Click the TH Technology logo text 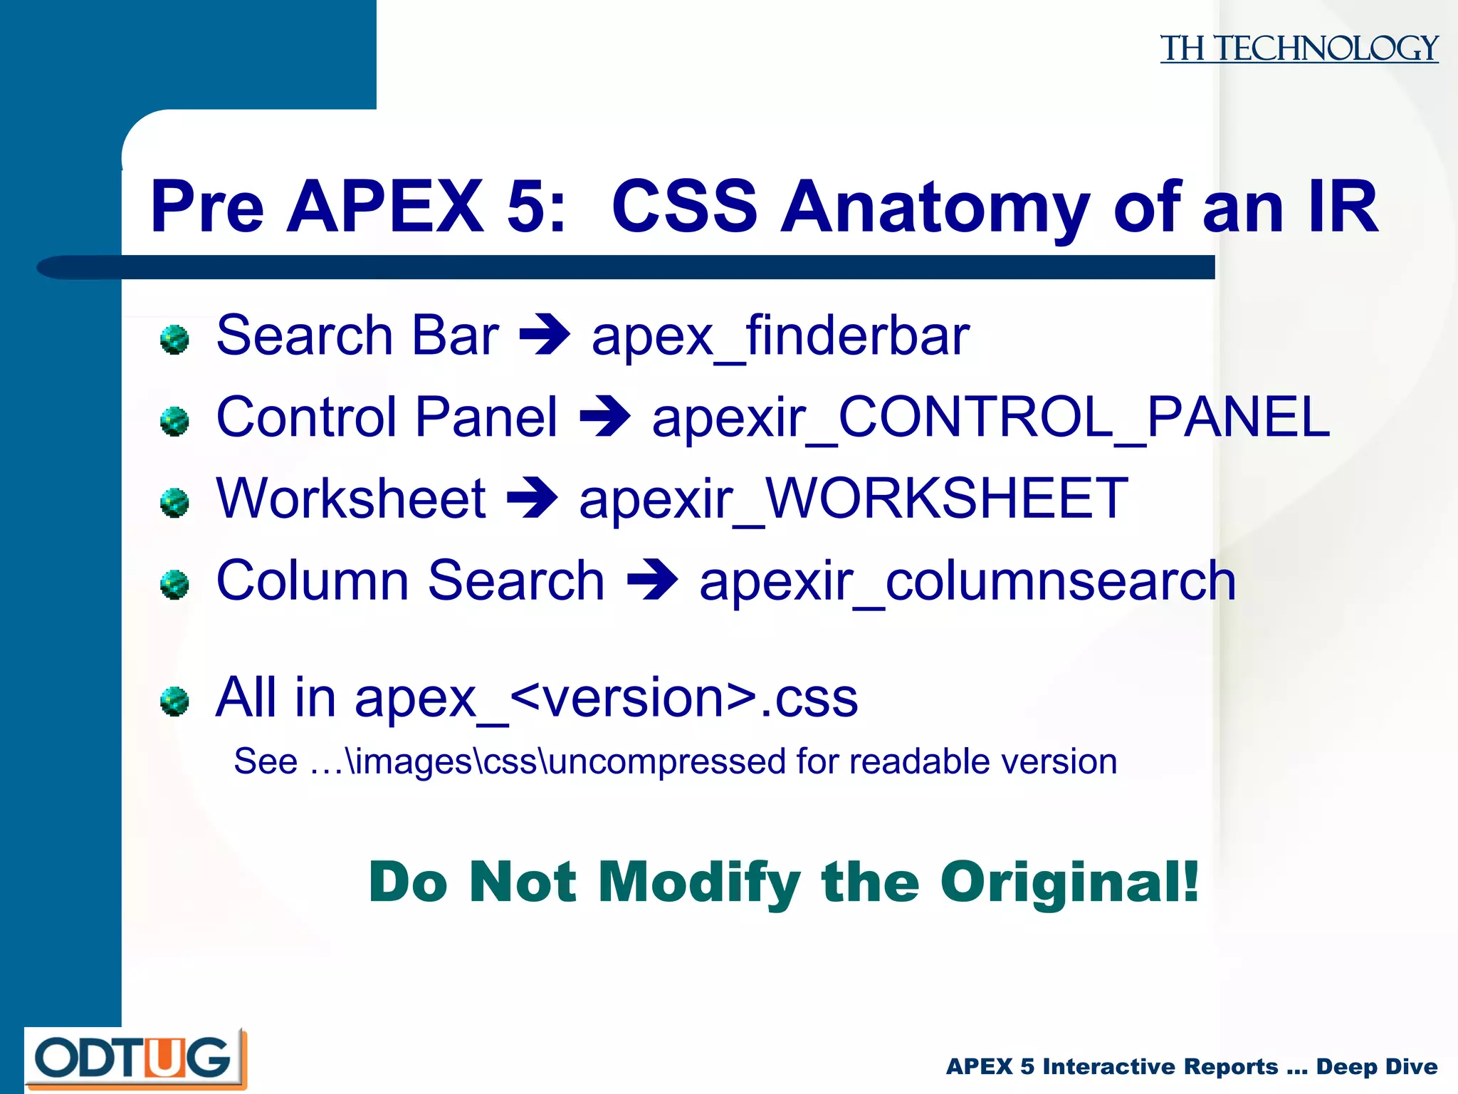point(1299,48)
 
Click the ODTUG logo point(135,1058)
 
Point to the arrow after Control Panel point(605,417)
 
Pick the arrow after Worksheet point(532,499)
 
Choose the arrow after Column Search point(652,580)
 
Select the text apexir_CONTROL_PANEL point(990,417)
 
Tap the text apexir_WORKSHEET point(854,499)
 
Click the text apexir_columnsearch point(967,580)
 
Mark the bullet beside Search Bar point(174,339)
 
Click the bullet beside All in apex point(174,701)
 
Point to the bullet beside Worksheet point(174,503)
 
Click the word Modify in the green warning point(699,883)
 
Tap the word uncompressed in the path point(668,761)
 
